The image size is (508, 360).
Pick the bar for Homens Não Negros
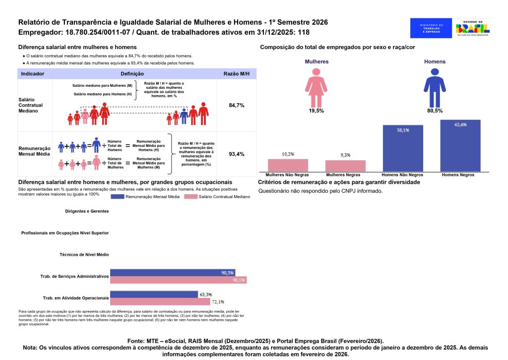(x=403, y=148)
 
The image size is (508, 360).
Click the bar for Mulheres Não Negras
(x=288, y=165)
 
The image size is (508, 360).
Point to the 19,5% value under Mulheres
(x=316, y=111)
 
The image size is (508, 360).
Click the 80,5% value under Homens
(x=435, y=111)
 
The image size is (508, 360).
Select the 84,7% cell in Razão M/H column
(x=237, y=106)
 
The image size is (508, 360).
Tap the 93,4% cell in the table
(x=237, y=154)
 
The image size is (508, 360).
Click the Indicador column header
(x=33, y=73)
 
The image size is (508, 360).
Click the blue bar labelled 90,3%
(x=172, y=273)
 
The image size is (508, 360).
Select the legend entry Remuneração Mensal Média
(x=147, y=197)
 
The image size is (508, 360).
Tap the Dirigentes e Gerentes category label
(x=87, y=211)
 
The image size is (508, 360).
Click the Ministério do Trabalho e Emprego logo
(x=431, y=28)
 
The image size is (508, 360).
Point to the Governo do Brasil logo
(x=473, y=28)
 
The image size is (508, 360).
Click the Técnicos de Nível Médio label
(x=84, y=254)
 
